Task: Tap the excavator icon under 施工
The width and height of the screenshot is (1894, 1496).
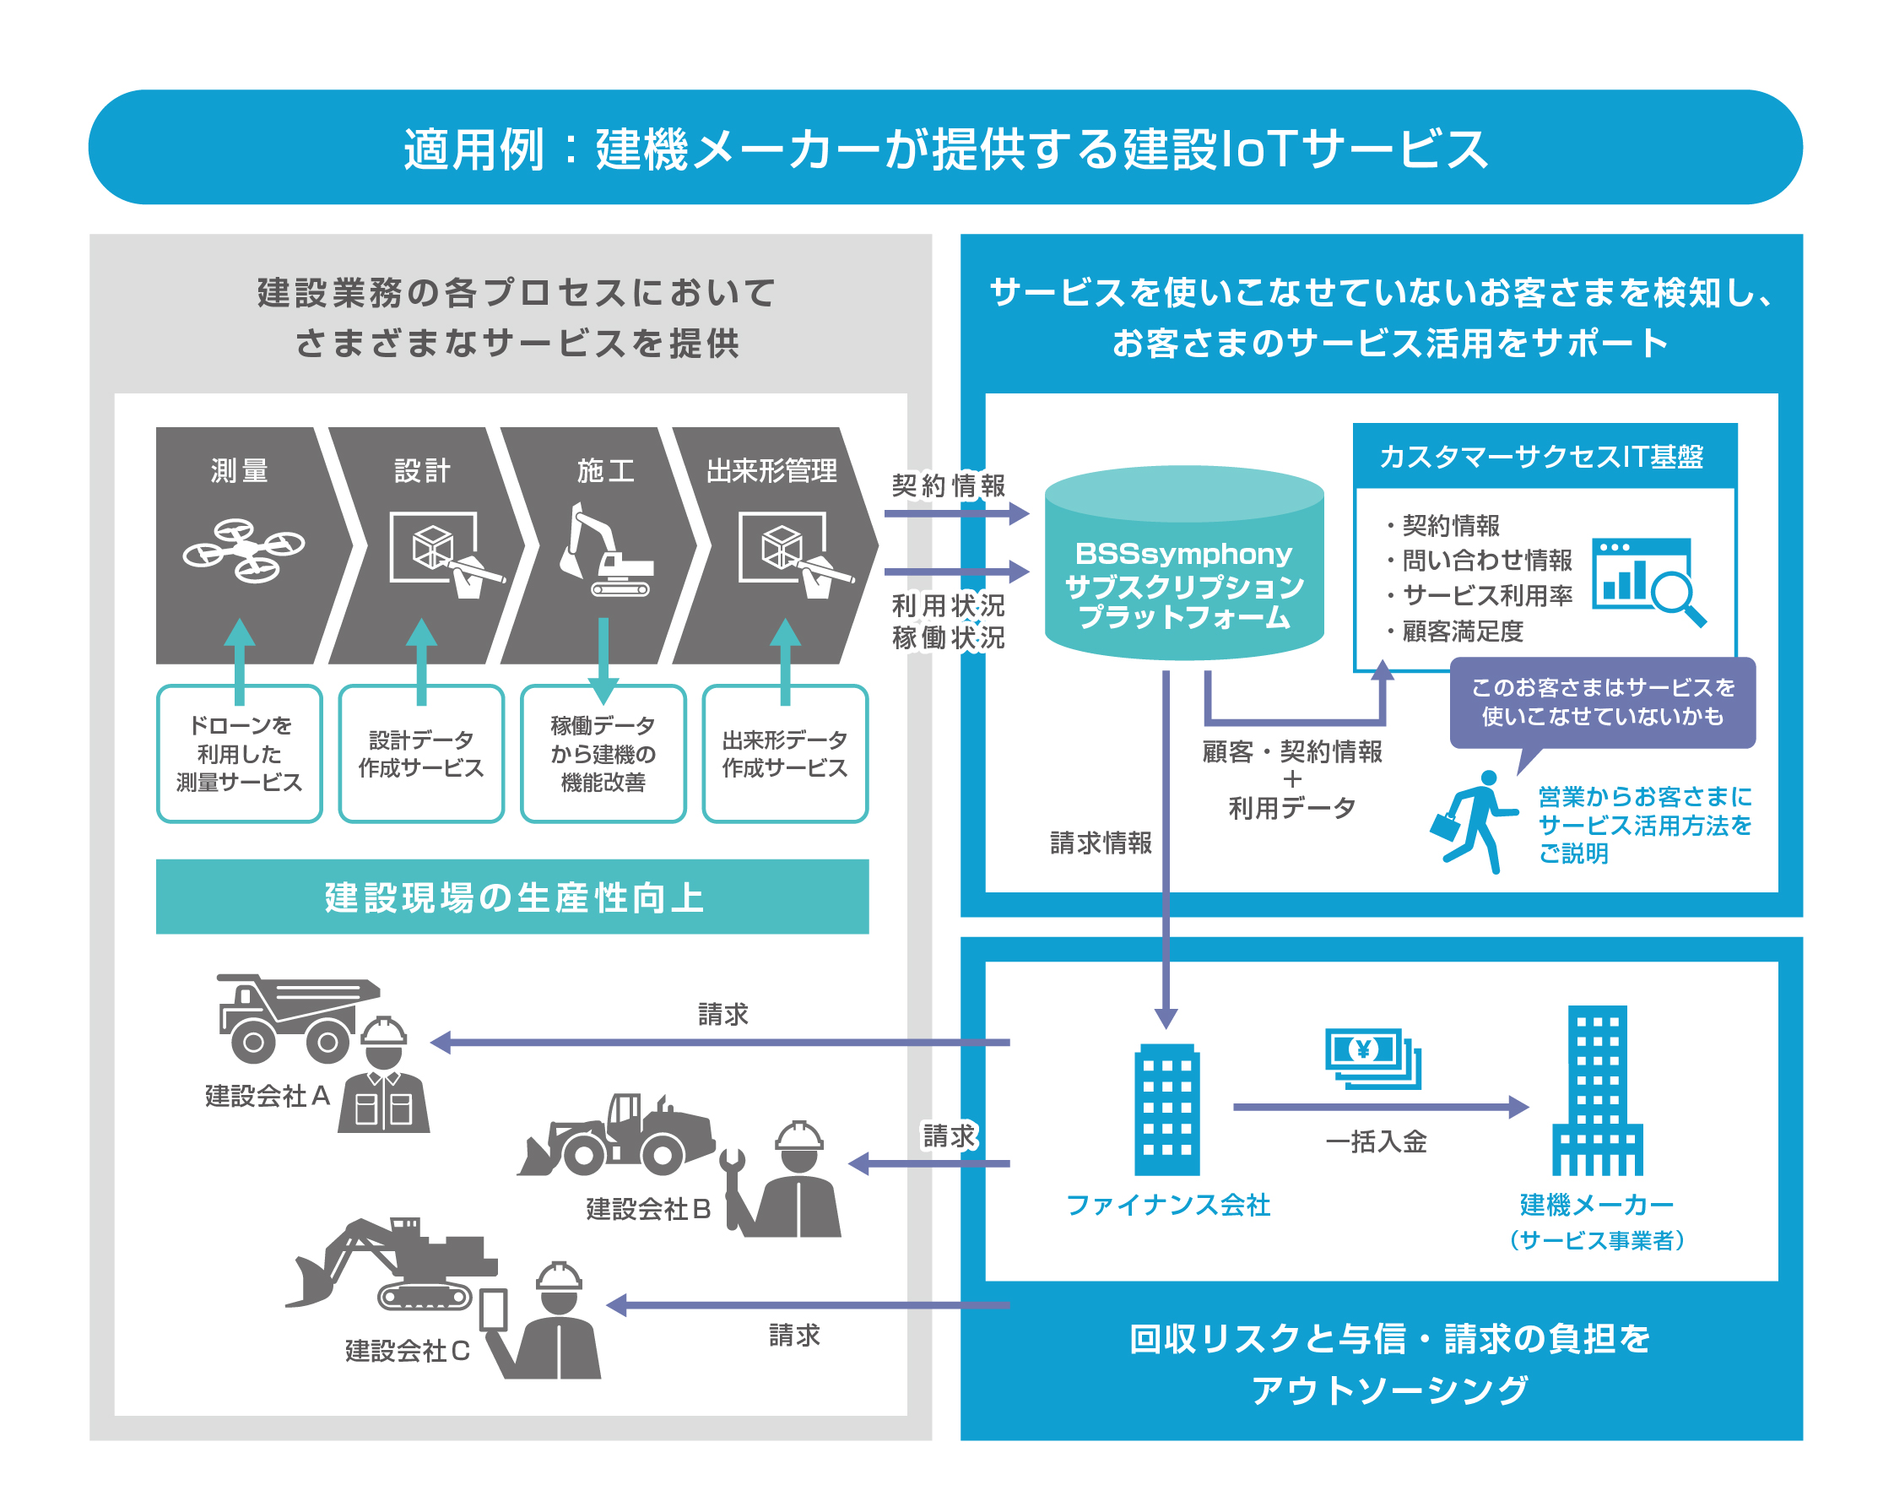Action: tap(606, 550)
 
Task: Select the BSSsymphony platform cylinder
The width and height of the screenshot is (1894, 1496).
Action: tap(1183, 565)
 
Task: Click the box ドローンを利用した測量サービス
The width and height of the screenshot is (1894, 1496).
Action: tap(239, 754)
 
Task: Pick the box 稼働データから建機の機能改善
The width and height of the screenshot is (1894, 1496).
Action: tap(603, 754)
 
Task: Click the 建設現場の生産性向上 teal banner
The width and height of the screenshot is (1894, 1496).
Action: tap(512, 897)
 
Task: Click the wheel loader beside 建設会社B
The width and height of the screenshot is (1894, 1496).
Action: tap(618, 1136)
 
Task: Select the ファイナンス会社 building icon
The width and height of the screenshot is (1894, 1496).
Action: tap(1166, 1109)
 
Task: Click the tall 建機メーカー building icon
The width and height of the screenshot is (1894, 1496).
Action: tap(1596, 1091)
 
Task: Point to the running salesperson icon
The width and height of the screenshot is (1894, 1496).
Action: tap(1474, 821)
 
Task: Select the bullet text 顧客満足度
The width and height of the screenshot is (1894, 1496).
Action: tap(1463, 631)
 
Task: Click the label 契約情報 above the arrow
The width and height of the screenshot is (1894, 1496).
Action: tap(949, 485)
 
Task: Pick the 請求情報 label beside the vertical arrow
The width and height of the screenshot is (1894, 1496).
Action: tap(1101, 843)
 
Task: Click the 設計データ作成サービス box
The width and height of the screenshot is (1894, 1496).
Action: tap(421, 754)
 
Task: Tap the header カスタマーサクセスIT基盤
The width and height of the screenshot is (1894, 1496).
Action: tap(1542, 457)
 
